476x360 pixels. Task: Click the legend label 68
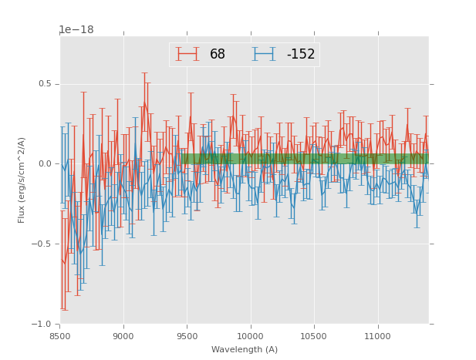(218, 54)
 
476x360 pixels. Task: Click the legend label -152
(301, 54)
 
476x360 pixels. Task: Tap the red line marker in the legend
(187, 54)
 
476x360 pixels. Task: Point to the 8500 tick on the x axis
(60, 335)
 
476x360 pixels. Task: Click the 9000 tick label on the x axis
(123, 335)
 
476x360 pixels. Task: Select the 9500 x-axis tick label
(187, 335)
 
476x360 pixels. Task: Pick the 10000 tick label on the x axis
(250, 335)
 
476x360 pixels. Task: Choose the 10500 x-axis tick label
(313, 335)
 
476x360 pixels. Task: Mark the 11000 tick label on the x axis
(376, 335)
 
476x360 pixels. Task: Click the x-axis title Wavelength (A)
(244, 349)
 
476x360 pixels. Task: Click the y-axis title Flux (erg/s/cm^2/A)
(22, 180)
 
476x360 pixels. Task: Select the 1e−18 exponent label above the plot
(76, 30)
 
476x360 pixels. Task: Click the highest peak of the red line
(144, 102)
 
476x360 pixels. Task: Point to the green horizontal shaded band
(309, 159)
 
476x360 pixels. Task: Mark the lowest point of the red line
(64, 264)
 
